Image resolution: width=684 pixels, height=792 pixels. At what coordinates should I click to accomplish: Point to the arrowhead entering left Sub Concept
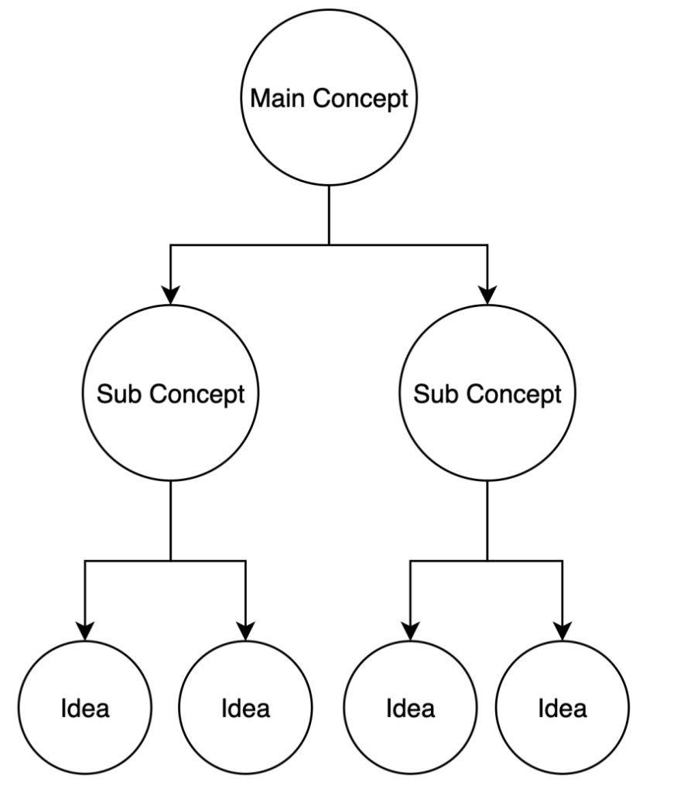tap(170, 295)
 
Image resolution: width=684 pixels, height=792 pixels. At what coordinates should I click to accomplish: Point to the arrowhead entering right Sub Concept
tap(487, 295)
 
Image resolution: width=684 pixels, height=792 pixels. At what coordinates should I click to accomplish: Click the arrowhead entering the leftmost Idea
tap(84, 630)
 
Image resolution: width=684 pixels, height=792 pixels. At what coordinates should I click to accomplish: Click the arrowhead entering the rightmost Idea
tap(563, 630)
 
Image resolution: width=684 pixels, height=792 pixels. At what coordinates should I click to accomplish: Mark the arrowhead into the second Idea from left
tap(245, 630)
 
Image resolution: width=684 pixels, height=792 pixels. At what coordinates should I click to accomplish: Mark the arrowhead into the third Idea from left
tap(410, 630)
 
